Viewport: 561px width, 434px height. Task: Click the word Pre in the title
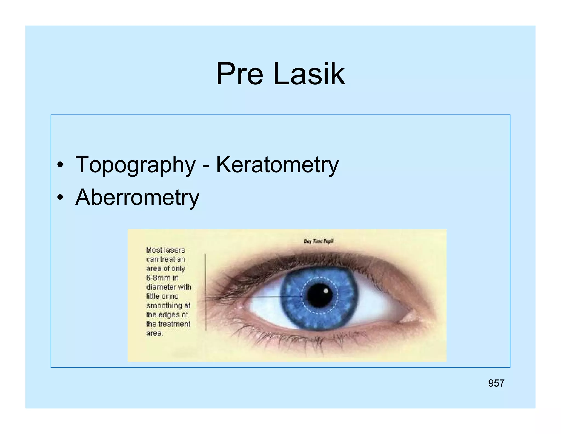point(239,74)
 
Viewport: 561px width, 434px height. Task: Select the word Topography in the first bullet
point(135,165)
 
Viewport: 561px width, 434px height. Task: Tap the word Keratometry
point(277,165)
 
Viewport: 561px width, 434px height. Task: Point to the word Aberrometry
point(137,197)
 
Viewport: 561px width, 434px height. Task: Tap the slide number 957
point(496,383)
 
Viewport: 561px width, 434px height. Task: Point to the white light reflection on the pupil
point(326,291)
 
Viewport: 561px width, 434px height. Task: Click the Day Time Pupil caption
point(319,241)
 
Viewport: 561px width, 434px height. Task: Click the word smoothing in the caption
point(164,306)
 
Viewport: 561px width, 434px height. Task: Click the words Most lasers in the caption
point(165,250)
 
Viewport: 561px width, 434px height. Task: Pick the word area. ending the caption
point(154,333)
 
